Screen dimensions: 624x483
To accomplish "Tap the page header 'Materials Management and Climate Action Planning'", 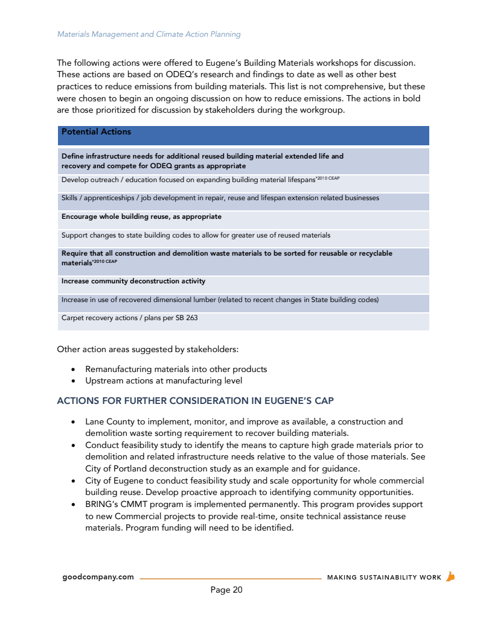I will click(x=149, y=34).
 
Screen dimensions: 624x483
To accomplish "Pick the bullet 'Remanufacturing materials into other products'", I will click(x=176, y=369).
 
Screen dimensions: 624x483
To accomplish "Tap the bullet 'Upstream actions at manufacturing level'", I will click(x=164, y=380).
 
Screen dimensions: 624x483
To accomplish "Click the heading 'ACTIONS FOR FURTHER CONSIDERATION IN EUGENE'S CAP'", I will click(x=195, y=401).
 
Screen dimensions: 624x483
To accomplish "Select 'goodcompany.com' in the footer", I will click(x=98, y=577).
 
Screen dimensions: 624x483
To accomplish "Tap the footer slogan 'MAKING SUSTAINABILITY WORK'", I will click(x=384, y=578).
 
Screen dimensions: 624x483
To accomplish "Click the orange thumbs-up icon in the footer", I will click(x=450, y=576).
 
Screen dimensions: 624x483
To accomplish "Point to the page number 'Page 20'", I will click(x=226, y=590).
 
